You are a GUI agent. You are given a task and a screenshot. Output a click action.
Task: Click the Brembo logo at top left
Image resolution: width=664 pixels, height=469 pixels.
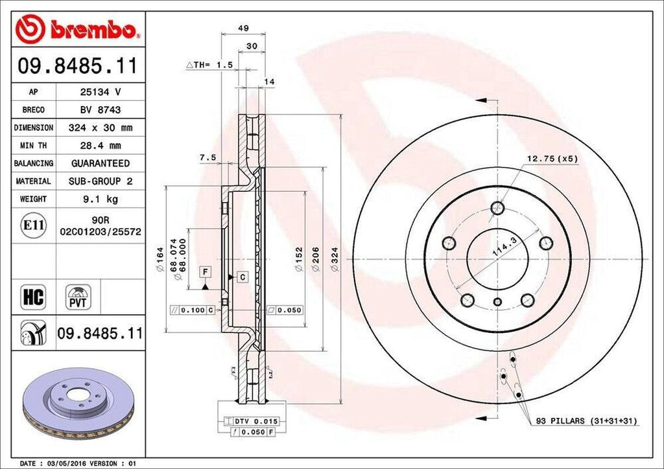click(x=77, y=29)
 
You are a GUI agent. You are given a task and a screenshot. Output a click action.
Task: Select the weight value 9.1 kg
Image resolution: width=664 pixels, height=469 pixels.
click(x=100, y=199)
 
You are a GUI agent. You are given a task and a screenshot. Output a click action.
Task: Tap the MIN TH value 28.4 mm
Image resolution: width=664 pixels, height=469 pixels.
click(x=100, y=146)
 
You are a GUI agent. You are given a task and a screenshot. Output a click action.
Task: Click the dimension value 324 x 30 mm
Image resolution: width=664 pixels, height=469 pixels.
click(x=100, y=128)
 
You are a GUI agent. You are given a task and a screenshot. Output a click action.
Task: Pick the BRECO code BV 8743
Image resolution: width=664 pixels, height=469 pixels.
click(x=100, y=110)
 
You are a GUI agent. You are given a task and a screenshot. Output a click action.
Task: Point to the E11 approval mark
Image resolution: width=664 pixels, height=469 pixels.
click(x=33, y=225)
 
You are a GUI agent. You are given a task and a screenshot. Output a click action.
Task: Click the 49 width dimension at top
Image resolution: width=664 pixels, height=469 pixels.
click(x=244, y=28)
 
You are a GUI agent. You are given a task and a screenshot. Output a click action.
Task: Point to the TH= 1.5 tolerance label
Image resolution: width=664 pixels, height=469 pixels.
click(x=209, y=65)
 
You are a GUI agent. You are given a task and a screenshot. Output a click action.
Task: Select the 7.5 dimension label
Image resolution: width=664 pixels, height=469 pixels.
click(x=207, y=157)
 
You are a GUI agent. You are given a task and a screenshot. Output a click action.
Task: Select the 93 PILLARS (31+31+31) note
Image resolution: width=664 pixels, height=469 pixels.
click(x=587, y=421)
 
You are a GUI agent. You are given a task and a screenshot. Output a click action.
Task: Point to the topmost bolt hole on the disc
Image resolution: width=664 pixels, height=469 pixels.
click(x=497, y=208)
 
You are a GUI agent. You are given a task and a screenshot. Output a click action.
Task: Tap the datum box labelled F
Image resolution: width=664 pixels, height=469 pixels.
click(x=205, y=271)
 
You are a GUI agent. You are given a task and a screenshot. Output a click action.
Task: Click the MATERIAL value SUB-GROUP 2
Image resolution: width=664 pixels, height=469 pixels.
click(x=100, y=181)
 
